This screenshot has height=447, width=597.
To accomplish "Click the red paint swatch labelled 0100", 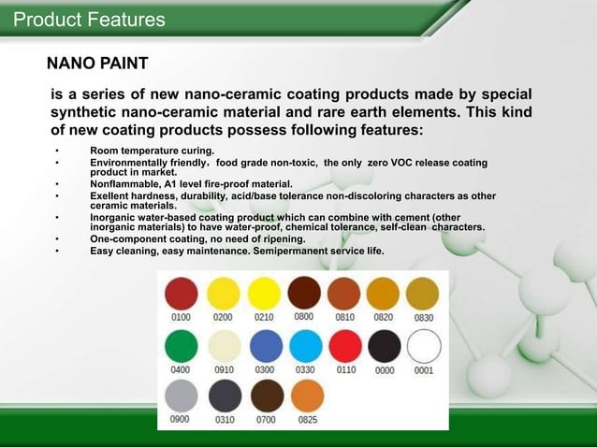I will click(x=181, y=295).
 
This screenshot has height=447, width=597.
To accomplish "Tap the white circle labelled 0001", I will click(x=424, y=348).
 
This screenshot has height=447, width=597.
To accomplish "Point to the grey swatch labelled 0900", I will click(x=181, y=397).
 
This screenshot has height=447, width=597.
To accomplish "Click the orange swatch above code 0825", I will click(x=307, y=397).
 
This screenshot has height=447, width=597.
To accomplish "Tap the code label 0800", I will click(x=304, y=317).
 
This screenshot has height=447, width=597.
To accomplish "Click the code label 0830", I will click(x=424, y=318).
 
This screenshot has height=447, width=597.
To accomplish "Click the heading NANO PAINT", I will click(x=97, y=65).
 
